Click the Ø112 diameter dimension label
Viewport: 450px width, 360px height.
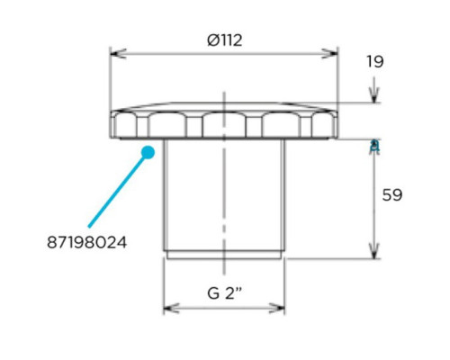pyautogui.click(x=225, y=40)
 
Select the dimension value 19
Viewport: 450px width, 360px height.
pyautogui.click(x=375, y=62)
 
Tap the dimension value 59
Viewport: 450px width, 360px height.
pyautogui.click(x=392, y=195)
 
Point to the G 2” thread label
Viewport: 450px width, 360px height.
pyautogui.click(x=224, y=293)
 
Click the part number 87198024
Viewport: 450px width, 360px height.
pyautogui.click(x=87, y=242)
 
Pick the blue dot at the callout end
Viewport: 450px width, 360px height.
pyautogui.click(x=148, y=152)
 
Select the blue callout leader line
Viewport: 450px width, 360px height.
pyautogui.click(x=118, y=191)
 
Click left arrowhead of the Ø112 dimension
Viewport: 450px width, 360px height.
pyautogui.click(x=119, y=54)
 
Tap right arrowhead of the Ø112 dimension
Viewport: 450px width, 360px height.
pyautogui.click(x=329, y=54)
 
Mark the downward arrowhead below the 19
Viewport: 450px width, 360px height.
pyautogui.click(x=374, y=94)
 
